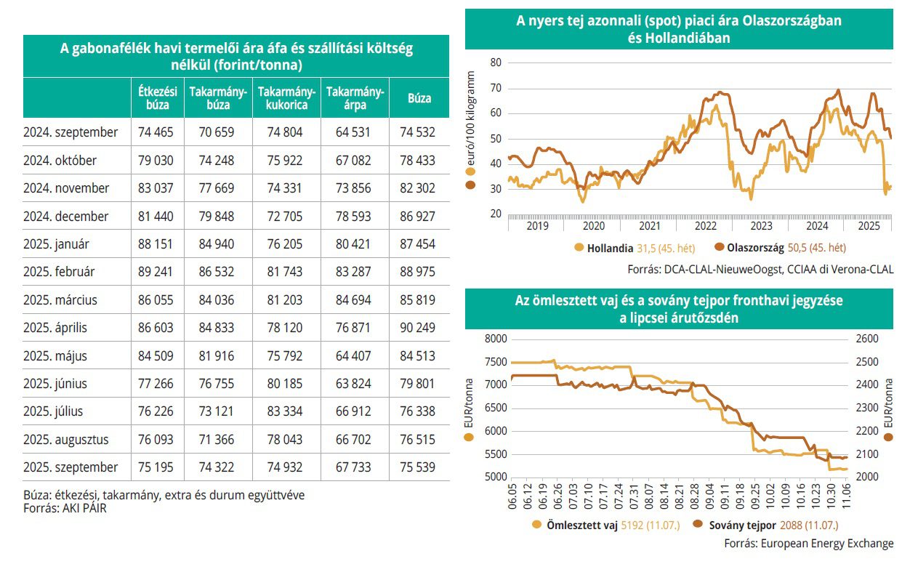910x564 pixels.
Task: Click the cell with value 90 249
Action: click(419, 328)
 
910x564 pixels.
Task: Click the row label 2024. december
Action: click(65, 217)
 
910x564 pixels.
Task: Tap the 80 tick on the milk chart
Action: click(496, 63)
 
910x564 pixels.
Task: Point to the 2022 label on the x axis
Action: click(704, 226)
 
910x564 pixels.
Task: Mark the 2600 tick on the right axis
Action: click(869, 339)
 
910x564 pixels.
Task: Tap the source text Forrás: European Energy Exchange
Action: click(809, 543)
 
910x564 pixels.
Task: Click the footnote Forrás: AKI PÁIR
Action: click(70, 509)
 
